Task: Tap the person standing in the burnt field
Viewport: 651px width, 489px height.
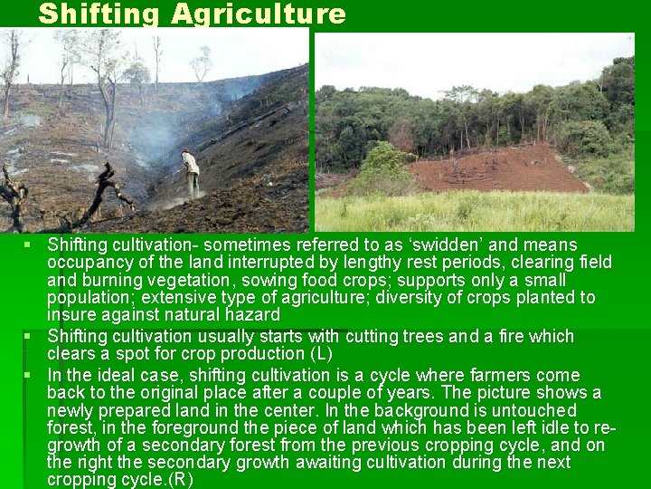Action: (190, 172)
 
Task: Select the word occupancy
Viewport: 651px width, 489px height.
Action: (89, 263)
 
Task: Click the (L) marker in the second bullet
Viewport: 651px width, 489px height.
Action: (321, 353)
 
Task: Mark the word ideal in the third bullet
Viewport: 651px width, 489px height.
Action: (111, 375)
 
